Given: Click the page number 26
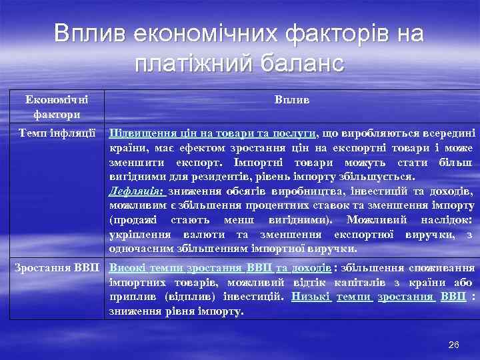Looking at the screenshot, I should point(454,344).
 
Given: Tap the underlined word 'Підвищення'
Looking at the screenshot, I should point(139,132).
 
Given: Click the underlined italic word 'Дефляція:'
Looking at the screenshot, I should point(138,191).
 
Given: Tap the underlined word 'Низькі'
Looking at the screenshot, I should point(310,297).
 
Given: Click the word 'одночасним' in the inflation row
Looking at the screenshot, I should point(142,249).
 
